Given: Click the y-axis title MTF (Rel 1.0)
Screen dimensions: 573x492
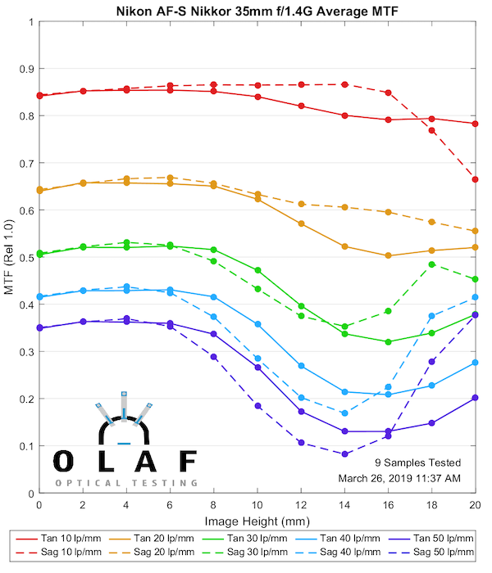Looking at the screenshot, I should (x=9, y=257).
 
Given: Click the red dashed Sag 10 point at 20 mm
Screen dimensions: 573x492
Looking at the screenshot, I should (x=475, y=179).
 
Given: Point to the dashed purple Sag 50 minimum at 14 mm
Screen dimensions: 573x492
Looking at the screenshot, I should (x=344, y=453).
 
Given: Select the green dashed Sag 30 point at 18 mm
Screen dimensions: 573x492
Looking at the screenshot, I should (x=432, y=264).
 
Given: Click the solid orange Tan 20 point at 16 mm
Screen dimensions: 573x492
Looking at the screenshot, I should (x=388, y=255).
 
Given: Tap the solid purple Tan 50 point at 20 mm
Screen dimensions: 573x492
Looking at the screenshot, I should (x=475, y=398).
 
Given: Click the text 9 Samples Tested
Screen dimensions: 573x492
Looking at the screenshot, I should (x=417, y=462).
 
